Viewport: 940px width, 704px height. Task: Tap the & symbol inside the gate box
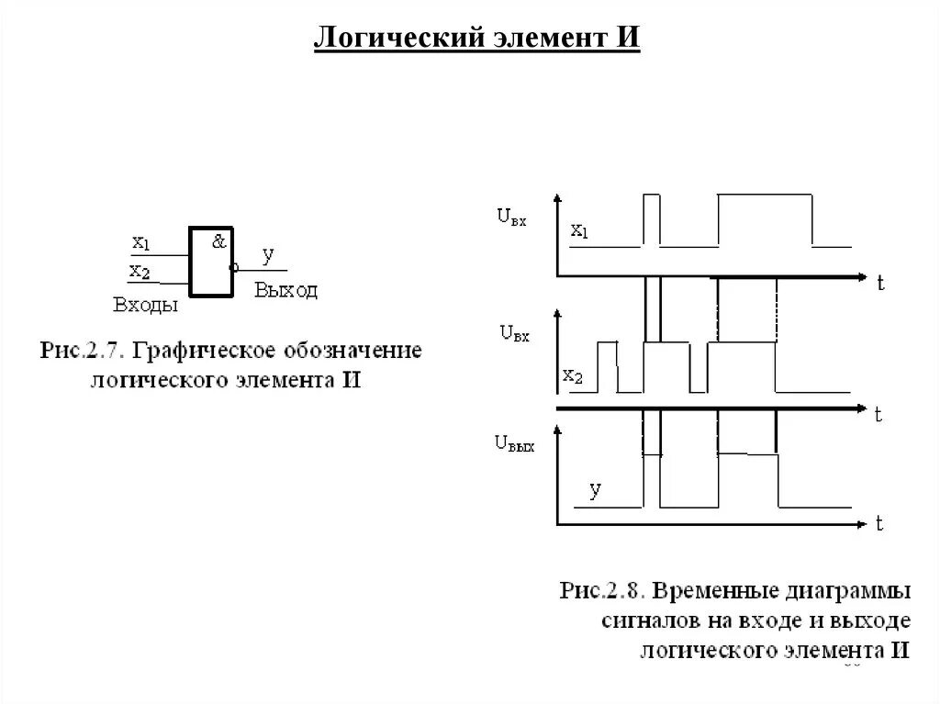[x=218, y=242]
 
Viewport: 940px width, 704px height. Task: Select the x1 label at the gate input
[x=140, y=243]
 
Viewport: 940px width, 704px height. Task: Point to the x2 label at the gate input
[x=140, y=271]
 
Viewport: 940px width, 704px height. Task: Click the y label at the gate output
[x=267, y=253]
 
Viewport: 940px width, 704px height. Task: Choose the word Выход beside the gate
[x=286, y=291]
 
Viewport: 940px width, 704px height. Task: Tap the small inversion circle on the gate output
[x=234, y=268]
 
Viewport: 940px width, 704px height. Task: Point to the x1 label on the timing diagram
[x=579, y=230]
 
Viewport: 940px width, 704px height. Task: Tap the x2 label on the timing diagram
[x=572, y=375]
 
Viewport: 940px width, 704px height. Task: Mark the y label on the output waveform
[x=595, y=490]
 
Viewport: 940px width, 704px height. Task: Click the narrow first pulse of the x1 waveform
[x=652, y=220]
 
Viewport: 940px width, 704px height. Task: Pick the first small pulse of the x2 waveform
[x=607, y=365]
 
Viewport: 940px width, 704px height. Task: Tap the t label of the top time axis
[x=879, y=284]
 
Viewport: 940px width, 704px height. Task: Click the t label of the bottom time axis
[x=878, y=526]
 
